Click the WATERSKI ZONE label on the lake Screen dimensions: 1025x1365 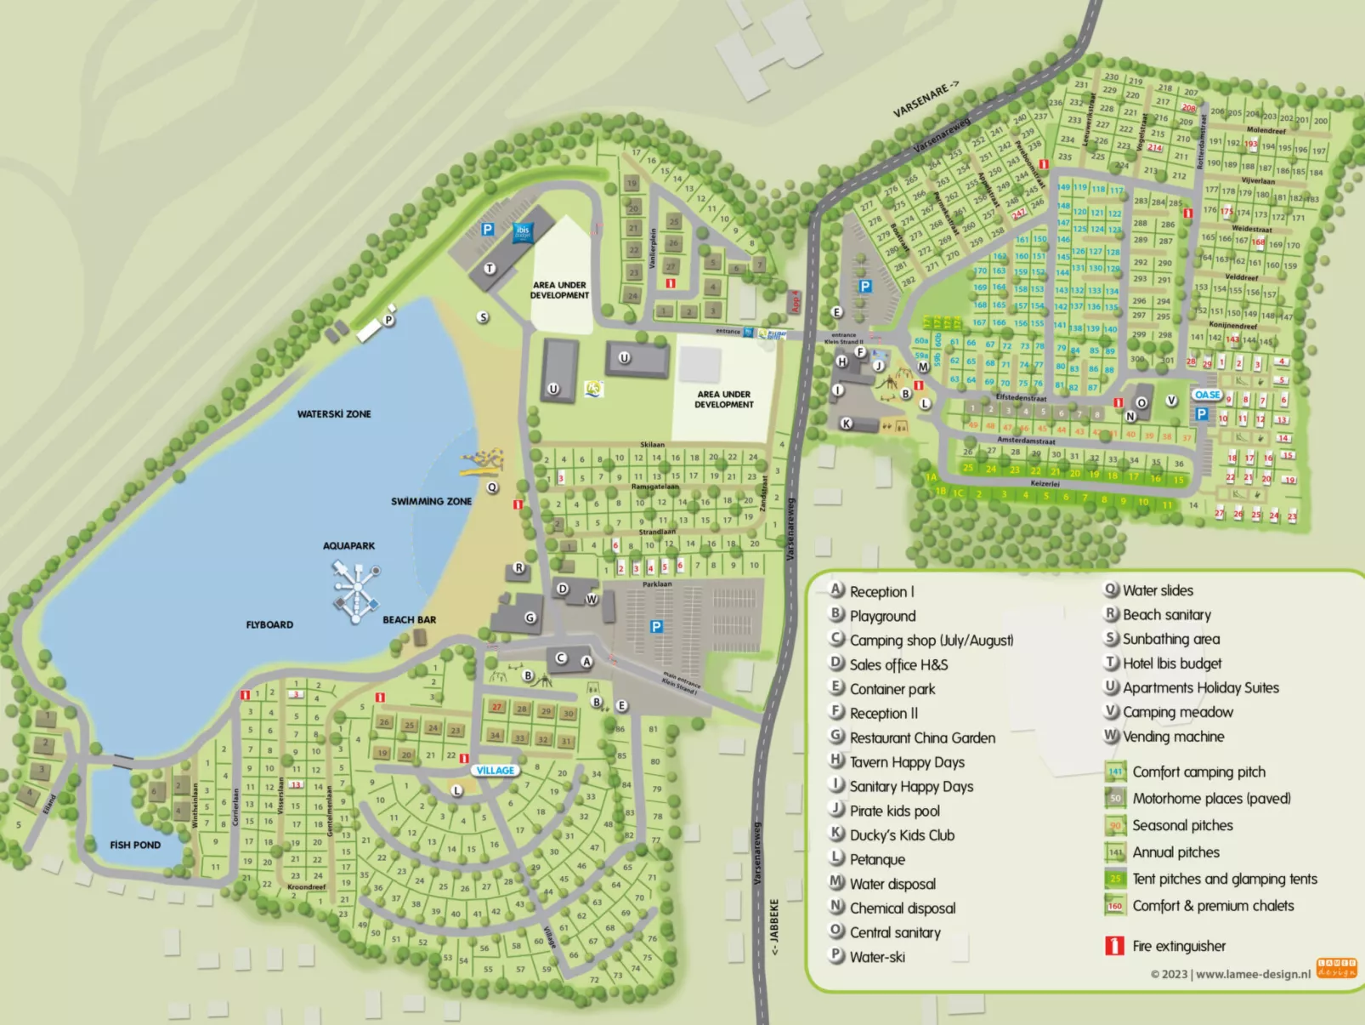pos(334,414)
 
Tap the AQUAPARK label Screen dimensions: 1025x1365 pos(348,546)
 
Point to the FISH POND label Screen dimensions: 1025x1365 pos(135,845)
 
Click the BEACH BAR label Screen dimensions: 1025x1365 pos(409,620)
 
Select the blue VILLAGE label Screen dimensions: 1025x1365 pos(495,771)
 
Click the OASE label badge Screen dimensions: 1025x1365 pos(1207,395)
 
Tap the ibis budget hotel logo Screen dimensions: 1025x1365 pos(523,231)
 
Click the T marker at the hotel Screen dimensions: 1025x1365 pos(490,269)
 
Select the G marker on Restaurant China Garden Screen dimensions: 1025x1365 pos(530,618)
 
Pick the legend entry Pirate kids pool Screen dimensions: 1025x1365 pos(894,811)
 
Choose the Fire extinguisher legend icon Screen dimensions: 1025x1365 pos(1114,946)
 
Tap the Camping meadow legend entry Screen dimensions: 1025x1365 pos(1177,712)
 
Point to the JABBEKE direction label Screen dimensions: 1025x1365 pos(774,927)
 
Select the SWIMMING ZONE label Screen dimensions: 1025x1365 pos(431,502)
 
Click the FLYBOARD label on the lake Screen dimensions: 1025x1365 pos(269,625)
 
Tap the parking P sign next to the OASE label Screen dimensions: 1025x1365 pos(1201,414)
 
